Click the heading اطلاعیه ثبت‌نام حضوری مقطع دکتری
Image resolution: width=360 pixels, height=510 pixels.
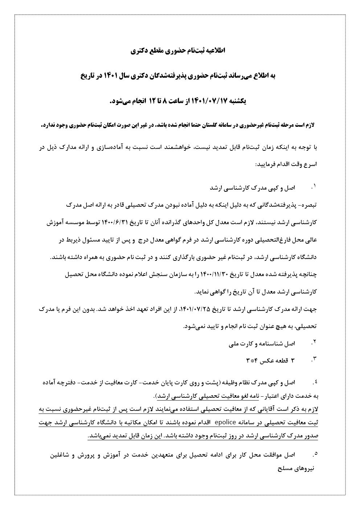click(180, 51)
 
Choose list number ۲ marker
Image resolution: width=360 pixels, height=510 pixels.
click(314, 343)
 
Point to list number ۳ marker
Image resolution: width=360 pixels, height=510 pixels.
click(314, 360)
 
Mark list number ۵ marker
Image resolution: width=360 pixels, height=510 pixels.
click(314, 454)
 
